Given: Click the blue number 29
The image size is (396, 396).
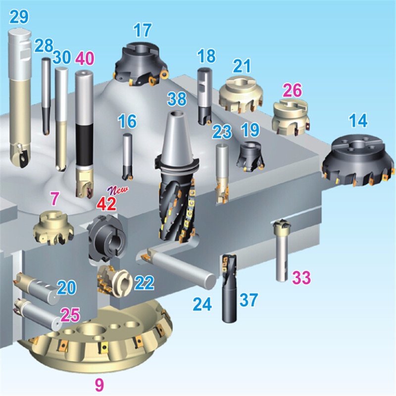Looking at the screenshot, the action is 19,17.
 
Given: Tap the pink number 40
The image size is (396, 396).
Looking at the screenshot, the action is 85,58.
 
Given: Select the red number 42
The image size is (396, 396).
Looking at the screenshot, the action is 107,203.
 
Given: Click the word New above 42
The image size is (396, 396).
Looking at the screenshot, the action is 118,190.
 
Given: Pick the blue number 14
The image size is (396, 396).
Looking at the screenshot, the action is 358,120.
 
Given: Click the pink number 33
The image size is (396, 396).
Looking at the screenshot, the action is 301,278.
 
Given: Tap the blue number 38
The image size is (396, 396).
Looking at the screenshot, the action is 177,99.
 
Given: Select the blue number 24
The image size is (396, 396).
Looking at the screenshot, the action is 202,304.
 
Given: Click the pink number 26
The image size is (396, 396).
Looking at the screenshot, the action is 292,90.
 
